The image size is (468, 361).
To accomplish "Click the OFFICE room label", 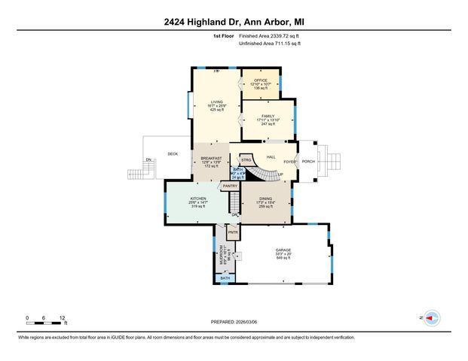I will pos(261,80).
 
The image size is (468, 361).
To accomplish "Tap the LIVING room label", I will pos(216,102).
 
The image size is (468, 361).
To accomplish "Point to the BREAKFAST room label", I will pos(211,157).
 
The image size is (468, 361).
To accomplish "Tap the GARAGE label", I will pos(283,250).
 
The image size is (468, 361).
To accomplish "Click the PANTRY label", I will pos(230,186).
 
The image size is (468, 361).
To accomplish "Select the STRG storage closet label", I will pos(246,160).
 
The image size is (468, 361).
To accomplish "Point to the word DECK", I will pos(172,153).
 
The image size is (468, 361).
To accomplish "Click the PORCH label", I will pos(307,161).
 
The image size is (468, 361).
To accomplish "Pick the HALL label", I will pos(271,156).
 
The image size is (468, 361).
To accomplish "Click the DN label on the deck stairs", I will pos(148,159).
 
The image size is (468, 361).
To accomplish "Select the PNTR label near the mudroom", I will pos(232,234).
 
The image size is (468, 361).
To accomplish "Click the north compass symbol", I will pos(431,318).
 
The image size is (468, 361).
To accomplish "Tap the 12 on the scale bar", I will pos(63,317).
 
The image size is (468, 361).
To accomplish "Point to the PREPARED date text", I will pos(234,321).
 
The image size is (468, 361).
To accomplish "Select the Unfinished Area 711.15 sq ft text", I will pos(269,44).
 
